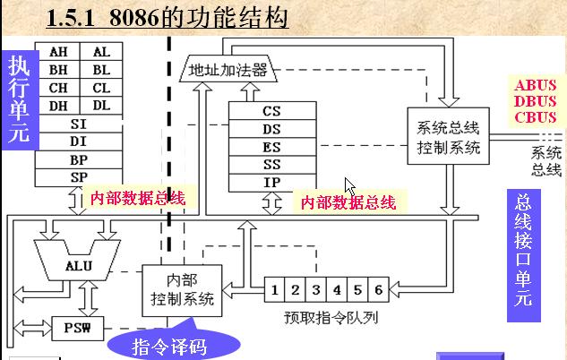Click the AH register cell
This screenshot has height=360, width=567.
click(58, 52)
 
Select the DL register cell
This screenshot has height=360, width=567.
click(101, 106)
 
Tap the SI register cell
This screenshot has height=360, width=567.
click(79, 124)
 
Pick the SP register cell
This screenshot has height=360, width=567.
click(79, 176)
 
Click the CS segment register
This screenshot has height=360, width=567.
click(271, 111)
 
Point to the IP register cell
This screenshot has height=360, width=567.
click(271, 183)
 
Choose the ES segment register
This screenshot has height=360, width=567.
click(271, 147)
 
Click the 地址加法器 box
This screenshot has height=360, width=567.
click(228, 70)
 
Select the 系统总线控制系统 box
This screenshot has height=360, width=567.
click(449, 136)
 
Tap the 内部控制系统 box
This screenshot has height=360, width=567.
click(183, 288)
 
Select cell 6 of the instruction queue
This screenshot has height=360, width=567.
click(378, 289)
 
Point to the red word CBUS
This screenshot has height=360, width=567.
click(536, 116)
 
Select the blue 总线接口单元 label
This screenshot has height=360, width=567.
click(523, 250)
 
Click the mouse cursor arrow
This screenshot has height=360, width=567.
click(349, 185)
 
